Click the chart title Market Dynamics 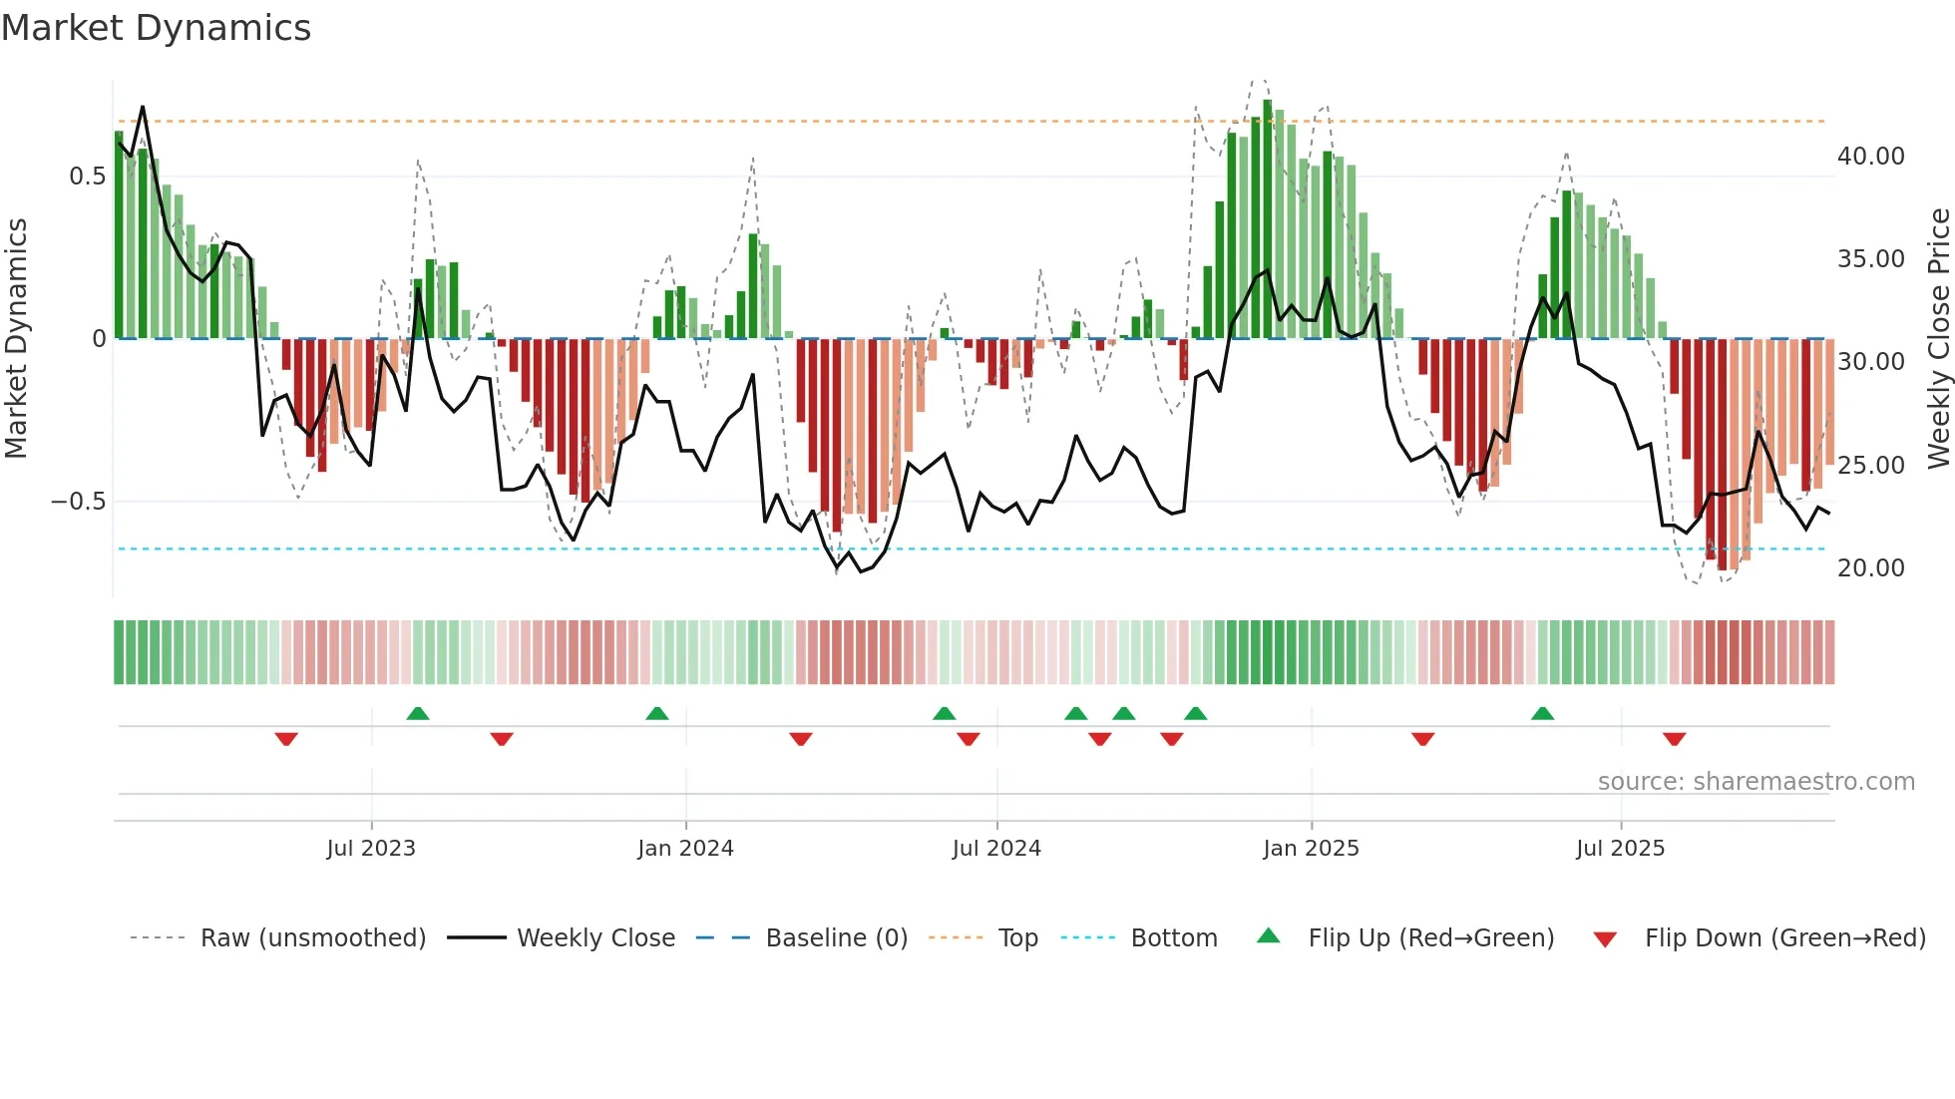click(x=156, y=28)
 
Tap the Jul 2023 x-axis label click(x=371, y=849)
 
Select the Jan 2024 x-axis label click(x=685, y=849)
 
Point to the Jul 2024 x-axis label click(x=996, y=849)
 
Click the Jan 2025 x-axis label click(x=1311, y=849)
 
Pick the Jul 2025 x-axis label click(x=1621, y=849)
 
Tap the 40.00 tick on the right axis click(x=1870, y=157)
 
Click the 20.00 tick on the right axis click(x=1870, y=568)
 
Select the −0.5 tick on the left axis click(x=79, y=502)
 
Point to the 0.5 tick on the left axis click(x=87, y=177)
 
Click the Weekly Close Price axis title click(x=1938, y=339)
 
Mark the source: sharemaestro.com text click(x=1756, y=782)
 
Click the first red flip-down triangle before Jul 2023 click(x=286, y=739)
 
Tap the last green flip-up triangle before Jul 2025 click(x=1542, y=713)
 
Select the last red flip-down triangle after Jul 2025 click(x=1674, y=739)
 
